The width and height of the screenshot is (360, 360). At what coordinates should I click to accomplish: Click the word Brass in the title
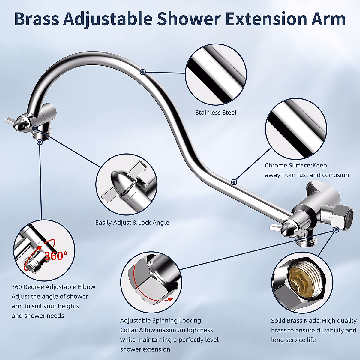(x=37, y=19)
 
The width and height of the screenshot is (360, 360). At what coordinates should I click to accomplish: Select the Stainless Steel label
(x=216, y=113)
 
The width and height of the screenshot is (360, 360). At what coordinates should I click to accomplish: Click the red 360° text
(x=56, y=256)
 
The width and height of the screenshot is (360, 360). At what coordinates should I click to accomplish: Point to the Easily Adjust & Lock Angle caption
(x=132, y=223)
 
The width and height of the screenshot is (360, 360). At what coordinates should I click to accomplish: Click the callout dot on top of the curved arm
(x=143, y=72)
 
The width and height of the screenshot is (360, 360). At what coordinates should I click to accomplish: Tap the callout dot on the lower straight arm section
(x=234, y=182)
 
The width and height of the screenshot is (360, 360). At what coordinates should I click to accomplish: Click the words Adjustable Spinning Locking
(x=160, y=320)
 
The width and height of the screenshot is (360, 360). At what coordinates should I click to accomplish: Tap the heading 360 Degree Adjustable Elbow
(x=53, y=287)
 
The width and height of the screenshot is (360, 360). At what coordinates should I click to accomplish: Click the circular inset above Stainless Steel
(x=216, y=74)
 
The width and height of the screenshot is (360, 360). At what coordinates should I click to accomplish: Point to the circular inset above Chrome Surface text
(x=296, y=128)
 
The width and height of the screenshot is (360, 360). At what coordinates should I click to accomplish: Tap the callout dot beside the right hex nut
(x=336, y=229)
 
